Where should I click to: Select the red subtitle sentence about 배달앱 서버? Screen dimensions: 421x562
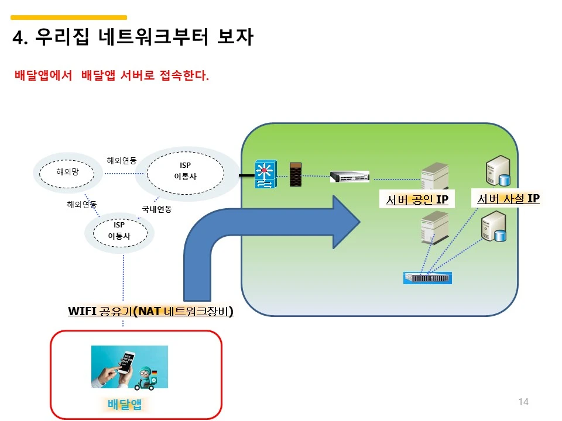coord(111,76)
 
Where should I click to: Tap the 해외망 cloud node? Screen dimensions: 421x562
coord(67,172)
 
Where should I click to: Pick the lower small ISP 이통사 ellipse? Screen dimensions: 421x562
coord(119,231)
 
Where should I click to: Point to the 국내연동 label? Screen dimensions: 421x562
coord(157,209)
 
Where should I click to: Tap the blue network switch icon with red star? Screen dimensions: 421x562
coord(264,175)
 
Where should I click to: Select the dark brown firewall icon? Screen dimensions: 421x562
coord(296,174)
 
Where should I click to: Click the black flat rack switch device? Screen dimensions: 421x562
coord(349,176)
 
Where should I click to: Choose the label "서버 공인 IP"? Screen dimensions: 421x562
coord(417,200)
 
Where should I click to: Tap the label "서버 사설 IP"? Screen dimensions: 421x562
coord(508,199)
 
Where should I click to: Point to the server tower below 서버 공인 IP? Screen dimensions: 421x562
coord(434,227)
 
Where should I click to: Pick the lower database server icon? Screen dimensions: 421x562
coord(492,227)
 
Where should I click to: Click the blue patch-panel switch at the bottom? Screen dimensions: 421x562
coord(427,278)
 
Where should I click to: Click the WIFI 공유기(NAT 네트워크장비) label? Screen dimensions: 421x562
coord(150,311)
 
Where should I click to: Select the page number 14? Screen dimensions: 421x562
coord(523,402)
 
